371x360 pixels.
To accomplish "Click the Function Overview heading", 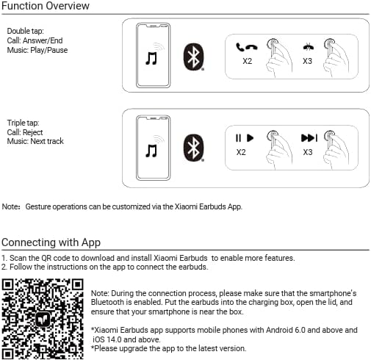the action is (46, 6).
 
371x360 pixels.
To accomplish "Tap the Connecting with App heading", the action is (51, 242).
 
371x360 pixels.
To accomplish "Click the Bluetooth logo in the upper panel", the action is (194, 57).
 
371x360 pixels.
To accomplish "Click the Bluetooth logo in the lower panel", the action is (194, 148).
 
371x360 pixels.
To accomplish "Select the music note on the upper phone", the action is (151, 58).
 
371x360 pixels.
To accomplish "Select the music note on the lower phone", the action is (151, 151).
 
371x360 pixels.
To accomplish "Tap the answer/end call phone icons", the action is (247, 47).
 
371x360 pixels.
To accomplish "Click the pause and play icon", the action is (245, 138).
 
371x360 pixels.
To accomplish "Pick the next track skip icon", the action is (309, 137).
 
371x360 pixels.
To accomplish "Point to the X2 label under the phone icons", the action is (248, 61).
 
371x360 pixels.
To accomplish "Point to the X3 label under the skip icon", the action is (308, 152).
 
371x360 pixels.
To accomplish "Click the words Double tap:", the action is (25, 31).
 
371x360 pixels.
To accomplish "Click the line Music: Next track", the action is (35, 141).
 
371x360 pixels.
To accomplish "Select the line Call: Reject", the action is (25, 132).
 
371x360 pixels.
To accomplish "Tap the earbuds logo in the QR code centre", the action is (43, 319).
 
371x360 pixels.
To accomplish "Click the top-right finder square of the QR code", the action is (78, 284).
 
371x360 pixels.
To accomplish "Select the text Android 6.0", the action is (286, 330).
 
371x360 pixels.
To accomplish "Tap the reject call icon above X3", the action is (309, 46).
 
